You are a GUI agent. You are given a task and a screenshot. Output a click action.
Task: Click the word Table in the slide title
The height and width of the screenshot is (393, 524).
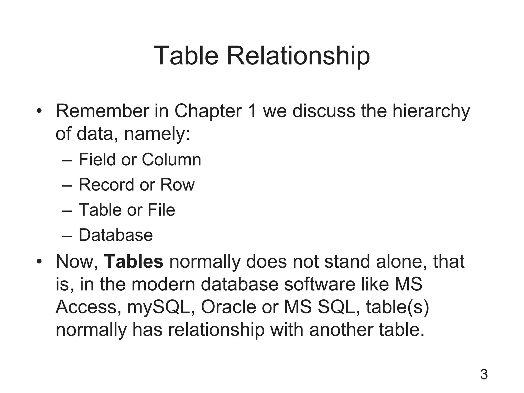186,56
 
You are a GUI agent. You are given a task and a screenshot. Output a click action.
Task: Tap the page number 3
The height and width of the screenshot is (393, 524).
484,375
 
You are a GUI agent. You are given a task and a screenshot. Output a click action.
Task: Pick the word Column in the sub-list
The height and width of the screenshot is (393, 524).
171,159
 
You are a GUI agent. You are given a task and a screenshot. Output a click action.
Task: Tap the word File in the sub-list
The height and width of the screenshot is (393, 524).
161,210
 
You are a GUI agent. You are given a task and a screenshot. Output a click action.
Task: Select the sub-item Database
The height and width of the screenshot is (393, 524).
116,235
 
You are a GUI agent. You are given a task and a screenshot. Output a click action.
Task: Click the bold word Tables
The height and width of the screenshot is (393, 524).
134,261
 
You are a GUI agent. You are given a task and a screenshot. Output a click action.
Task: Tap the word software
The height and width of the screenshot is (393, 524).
320,284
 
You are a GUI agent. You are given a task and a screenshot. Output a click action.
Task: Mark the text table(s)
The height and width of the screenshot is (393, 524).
397,307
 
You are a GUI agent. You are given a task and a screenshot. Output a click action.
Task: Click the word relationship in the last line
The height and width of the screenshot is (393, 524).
216,330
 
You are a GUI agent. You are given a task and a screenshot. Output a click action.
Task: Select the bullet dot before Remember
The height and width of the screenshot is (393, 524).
39,112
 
